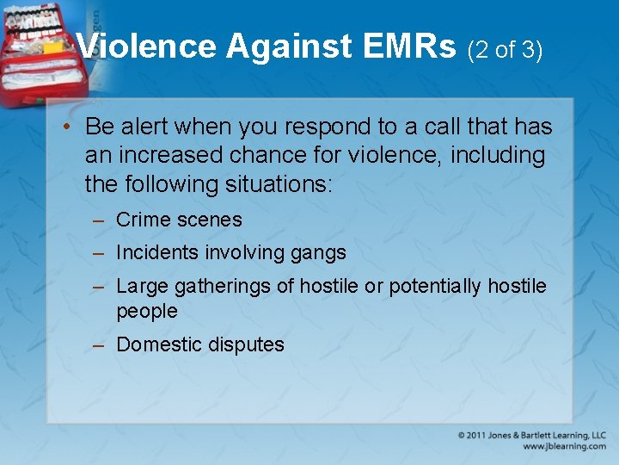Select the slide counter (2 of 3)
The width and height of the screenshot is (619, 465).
tap(505, 50)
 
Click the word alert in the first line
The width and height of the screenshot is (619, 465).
tap(144, 127)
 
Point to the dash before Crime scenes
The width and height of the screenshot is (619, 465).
tap(100, 220)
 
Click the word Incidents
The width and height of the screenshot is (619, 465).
tap(157, 252)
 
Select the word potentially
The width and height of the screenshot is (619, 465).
tap(436, 286)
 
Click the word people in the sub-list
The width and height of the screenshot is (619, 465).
tap(146, 311)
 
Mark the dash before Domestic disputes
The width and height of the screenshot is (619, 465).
tap(100, 345)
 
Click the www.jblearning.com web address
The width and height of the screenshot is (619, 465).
tap(563, 446)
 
